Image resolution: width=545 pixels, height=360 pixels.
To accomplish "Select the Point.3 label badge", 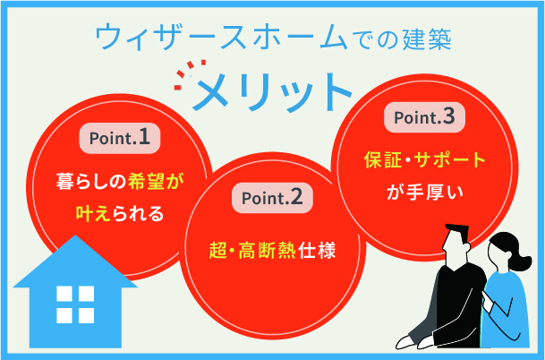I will tap(424, 116).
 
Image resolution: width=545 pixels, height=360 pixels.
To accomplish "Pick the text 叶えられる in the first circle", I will tap(119, 213).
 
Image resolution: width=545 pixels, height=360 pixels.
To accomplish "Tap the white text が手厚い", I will tap(424, 191).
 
